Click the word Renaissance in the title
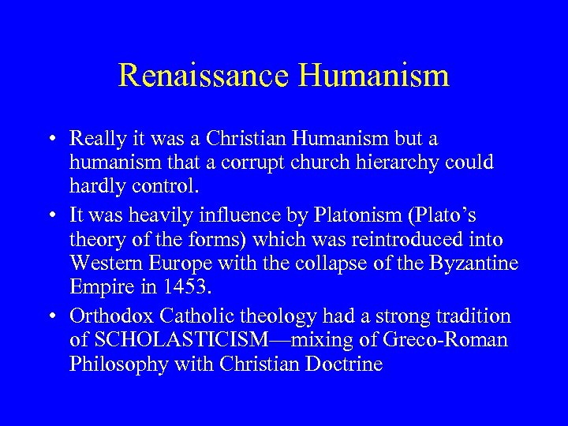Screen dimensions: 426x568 coord(204,76)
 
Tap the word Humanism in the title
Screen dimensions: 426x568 coord(375,76)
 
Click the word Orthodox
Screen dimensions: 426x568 coord(111,317)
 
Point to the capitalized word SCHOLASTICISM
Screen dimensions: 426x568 coord(177,341)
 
